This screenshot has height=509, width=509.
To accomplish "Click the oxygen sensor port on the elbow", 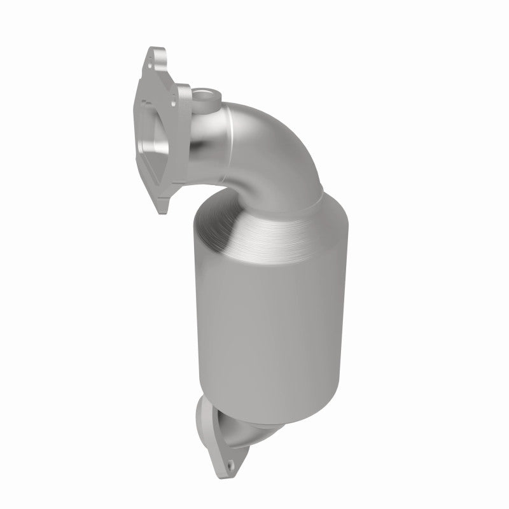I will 206,99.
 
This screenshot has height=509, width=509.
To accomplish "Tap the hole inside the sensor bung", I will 205,96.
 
